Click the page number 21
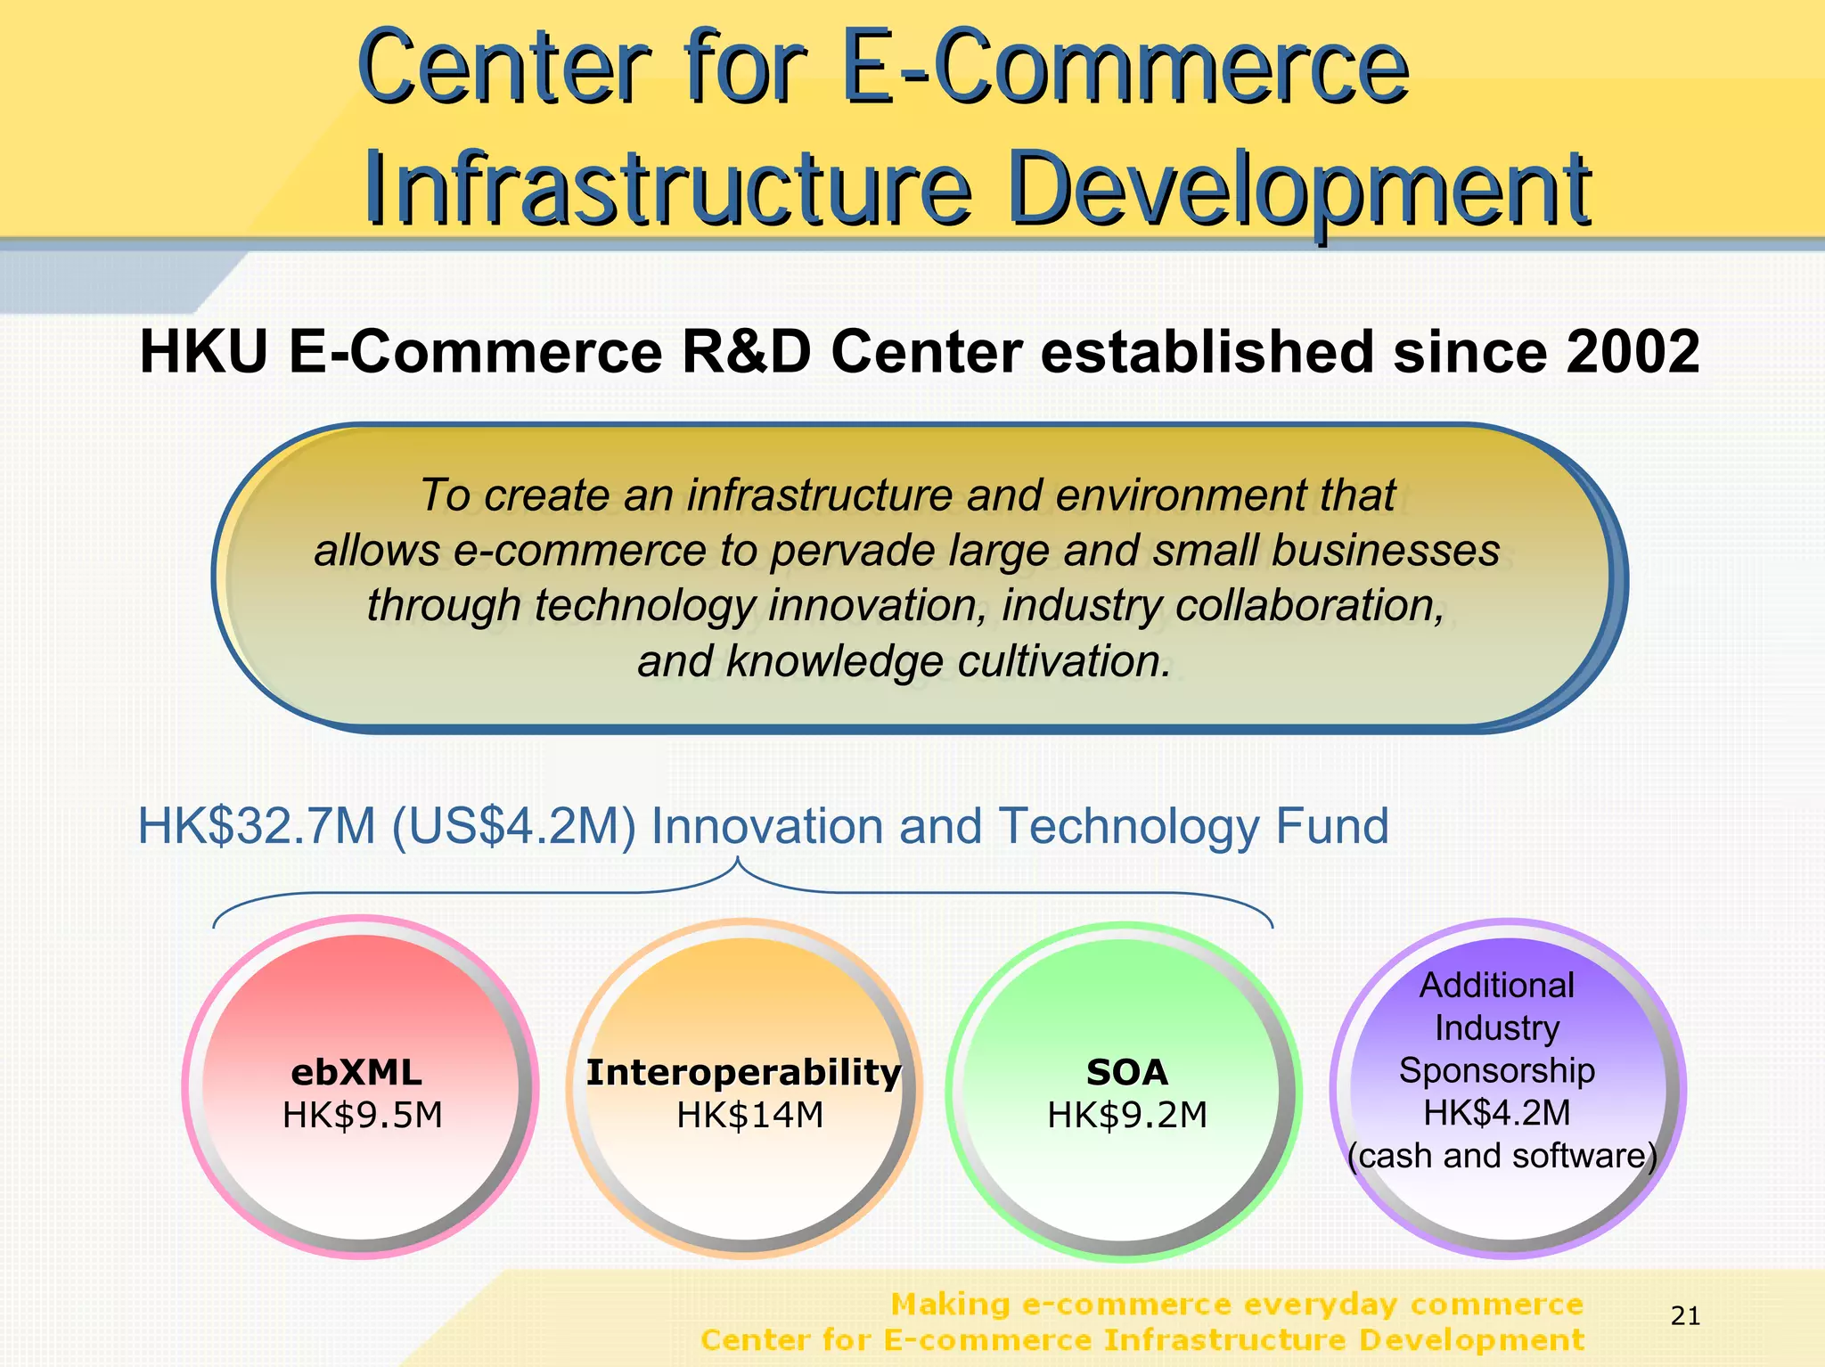1685,1315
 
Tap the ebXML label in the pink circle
356,1072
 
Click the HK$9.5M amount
362,1115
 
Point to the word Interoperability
743,1072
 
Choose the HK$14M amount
749,1115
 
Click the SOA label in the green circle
1126,1072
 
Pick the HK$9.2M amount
1126,1115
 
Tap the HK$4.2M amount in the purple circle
1496,1112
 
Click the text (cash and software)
1502,1155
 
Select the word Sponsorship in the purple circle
1496,1070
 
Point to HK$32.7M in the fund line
257,826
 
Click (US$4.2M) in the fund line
514,826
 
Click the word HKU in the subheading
204,352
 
